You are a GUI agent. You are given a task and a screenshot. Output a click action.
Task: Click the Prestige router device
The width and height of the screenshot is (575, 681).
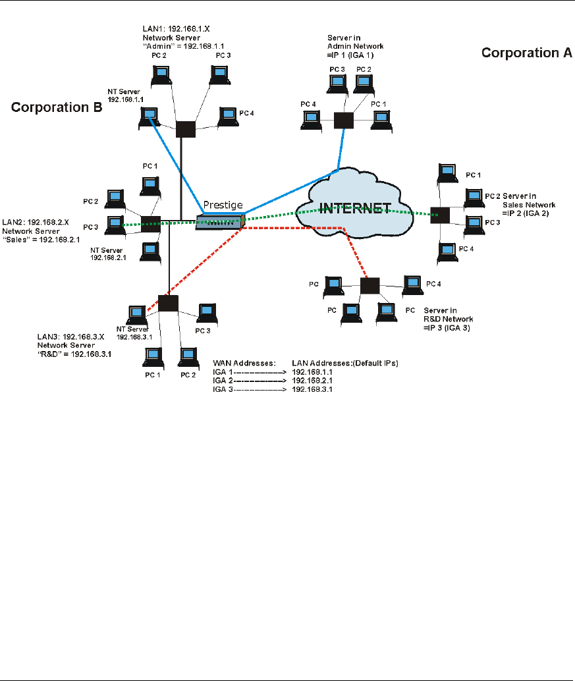point(220,223)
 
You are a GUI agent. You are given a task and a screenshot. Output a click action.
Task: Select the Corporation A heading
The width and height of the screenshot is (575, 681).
point(526,53)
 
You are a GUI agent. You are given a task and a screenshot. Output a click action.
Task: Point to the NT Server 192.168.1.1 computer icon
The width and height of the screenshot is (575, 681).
point(150,117)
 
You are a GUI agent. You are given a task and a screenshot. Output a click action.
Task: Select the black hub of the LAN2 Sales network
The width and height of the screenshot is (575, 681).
point(151,223)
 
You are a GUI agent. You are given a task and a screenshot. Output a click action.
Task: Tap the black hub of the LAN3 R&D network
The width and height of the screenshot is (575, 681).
point(169,303)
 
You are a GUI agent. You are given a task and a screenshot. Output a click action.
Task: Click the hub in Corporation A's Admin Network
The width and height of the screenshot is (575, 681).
point(343,119)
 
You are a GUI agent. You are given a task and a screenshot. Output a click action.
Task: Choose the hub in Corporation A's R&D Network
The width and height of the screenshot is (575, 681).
point(370,286)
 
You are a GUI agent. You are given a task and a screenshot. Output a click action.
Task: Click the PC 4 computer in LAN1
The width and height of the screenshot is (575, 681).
point(228,116)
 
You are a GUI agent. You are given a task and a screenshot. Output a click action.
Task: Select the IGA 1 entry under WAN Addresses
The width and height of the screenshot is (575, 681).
point(222,371)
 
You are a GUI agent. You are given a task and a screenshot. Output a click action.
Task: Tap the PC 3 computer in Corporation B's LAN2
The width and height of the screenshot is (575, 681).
point(115,225)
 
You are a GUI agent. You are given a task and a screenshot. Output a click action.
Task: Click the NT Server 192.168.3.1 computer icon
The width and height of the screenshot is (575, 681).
point(137,313)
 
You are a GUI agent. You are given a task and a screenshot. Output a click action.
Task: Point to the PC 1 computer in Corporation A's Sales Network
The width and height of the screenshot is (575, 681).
point(448,173)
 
